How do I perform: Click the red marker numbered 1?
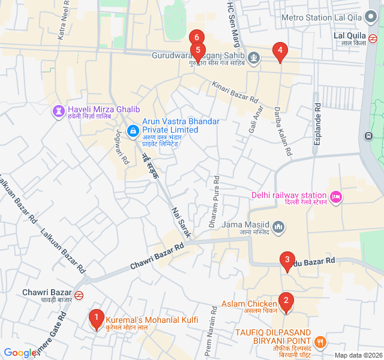pyautogui.click(x=95, y=317)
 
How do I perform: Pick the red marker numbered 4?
pyautogui.click(x=279, y=51)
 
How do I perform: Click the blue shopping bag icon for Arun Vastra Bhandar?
pyautogui.click(x=133, y=130)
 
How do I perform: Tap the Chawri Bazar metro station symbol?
pyautogui.click(x=79, y=294)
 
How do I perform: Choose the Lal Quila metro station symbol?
pyautogui.click(x=373, y=40)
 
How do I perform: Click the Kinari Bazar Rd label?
pyautogui.click(x=235, y=91)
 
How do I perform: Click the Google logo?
pyautogui.click(x=20, y=353)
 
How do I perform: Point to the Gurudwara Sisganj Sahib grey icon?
pyautogui.click(x=254, y=58)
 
